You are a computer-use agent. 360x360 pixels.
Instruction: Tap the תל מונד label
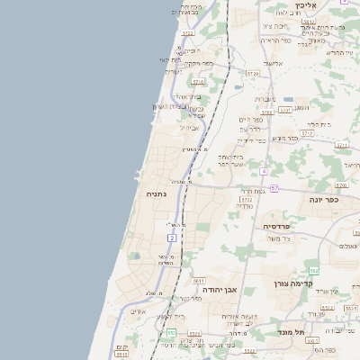[x=292, y=332]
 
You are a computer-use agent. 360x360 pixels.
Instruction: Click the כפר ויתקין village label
[x=198, y=64]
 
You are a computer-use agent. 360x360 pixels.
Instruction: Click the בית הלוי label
[x=319, y=124]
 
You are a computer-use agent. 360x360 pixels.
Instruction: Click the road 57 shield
[x=274, y=188]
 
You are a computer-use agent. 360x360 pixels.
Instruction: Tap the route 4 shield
[x=263, y=170]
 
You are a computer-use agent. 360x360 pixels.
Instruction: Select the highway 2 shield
[x=171, y=237]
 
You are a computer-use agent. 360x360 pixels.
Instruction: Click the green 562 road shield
[x=313, y=270]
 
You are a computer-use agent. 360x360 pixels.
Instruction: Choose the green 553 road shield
[x=170, y=333]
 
